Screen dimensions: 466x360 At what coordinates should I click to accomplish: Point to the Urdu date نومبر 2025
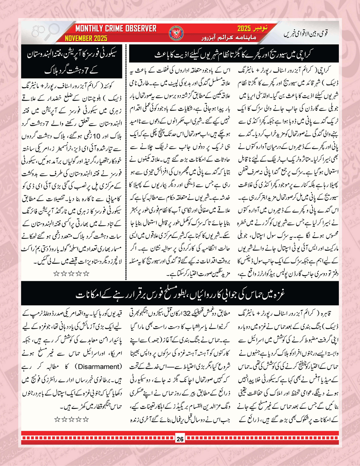coord(249,29)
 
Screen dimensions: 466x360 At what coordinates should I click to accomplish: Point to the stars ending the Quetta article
coord(70,274)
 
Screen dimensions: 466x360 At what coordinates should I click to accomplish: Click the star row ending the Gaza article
coord(70,420)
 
